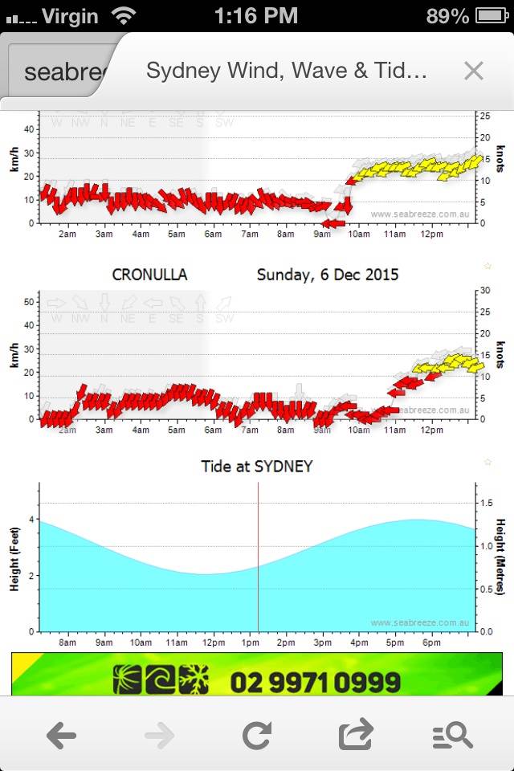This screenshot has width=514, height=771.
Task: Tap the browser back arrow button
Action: click(61, 735)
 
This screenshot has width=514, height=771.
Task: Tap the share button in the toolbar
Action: click(356, 735)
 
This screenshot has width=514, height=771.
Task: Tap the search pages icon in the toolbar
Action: click(452, 735)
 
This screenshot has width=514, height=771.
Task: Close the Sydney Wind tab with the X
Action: click(474, 71)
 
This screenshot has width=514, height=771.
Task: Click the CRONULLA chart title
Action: click(149, 275)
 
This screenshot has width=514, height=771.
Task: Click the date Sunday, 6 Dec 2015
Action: click(328, 275)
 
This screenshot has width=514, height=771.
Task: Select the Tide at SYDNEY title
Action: click(257, 466)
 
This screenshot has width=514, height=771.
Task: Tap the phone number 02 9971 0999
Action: click(315, 683)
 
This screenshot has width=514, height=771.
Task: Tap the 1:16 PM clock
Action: click(256, 15)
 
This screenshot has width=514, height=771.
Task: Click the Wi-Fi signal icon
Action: click(124, 15)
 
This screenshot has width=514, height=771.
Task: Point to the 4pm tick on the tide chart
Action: click(357, 642)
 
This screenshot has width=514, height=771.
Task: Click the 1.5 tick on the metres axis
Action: click(486, 503)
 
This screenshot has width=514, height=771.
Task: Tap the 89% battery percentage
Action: click(448, 15)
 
